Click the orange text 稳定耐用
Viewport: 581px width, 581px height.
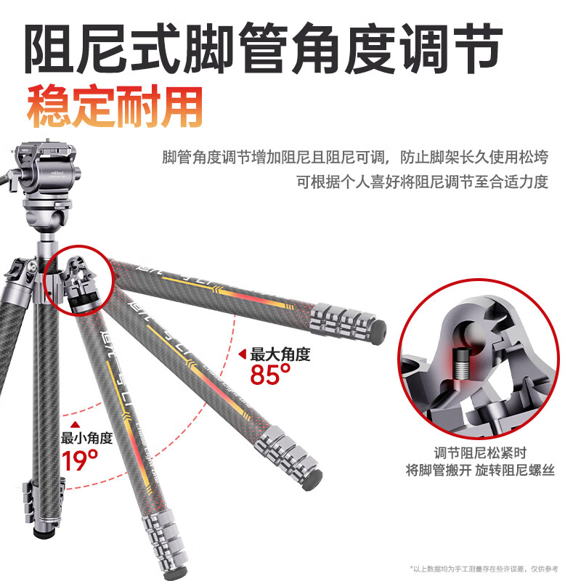114,107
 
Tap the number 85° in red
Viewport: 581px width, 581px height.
270,375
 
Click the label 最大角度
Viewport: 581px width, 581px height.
280,355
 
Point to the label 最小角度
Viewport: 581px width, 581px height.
87,438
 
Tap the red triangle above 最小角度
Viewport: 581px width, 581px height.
73,426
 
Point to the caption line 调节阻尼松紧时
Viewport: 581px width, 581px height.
479,452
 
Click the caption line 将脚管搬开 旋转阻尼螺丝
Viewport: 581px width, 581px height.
479,470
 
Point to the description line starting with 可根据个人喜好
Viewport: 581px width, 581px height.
421,182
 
